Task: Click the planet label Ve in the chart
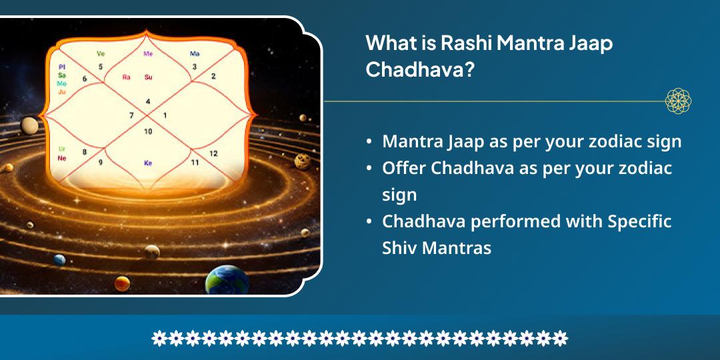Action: [x=101, y=53]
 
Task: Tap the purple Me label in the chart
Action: [x=148, y=53]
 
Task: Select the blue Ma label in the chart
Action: [x=195, y=53]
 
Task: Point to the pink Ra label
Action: [x=126, y=77]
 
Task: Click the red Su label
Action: [x=149, y=77]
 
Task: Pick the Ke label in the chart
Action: [x=148, y=163]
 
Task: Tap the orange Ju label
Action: [x=62, y=92]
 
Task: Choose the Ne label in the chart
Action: [x=62, y=158]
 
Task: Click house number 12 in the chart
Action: [x=213, y=153]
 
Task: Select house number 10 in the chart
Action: [x=148, y=131]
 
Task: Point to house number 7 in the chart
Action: [x=131, y=115]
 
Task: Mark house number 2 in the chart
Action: [x=213, y=77]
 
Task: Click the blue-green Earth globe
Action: [x=227, y=281]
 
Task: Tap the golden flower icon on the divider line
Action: [x=678, y=101]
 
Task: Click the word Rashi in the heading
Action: [x=465, y=43]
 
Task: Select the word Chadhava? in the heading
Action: [x=420, y=70]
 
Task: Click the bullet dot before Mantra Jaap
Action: [x=369, y=142]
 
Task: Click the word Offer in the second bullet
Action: [x=404, y=168]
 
